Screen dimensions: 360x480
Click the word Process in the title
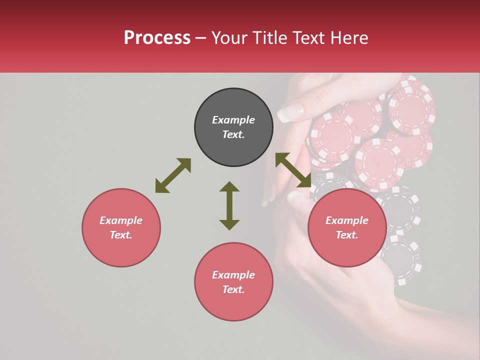point(157,38)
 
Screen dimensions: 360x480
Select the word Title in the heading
point(271,38)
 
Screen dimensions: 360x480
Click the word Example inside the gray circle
point(233,120)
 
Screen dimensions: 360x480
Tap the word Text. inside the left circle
point(121,235)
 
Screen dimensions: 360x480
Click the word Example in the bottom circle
point(233,275)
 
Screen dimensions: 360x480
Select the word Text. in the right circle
point(346,235)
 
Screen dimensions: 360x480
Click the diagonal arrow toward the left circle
point(173,175)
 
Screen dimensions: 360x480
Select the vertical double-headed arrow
point(229,205)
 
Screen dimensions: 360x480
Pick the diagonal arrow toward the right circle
point(293,170)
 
